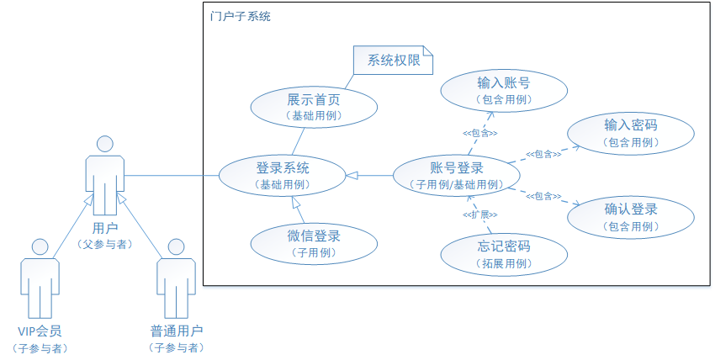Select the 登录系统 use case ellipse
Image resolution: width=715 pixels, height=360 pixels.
(x=282, y=175)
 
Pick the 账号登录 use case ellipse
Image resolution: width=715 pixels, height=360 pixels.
(x=456, y=175)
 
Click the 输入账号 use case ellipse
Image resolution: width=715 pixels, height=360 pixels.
(x=503, y=90)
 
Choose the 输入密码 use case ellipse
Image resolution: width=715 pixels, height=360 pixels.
(x=630, y=133)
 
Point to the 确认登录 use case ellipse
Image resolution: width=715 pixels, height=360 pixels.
(x=630, y=217)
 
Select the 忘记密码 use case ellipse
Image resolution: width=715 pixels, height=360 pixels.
(x=503, y=254)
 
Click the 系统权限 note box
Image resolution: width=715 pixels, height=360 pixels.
(x=393, y=61)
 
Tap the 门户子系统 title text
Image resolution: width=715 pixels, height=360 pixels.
(x=241, y=17)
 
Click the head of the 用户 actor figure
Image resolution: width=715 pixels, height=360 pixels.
(x=105, y=143)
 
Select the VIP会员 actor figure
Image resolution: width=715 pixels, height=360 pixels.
(x=39, y=278)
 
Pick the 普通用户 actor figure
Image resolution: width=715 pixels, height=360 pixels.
(x=176, y=278)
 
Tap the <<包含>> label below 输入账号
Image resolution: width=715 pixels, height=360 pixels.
(x=479, y=133)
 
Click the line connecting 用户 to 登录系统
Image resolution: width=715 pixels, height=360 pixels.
(x=172, y=176)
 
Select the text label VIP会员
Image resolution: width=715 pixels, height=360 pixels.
(x=39, y=331)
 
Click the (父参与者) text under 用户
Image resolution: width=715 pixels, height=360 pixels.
(x=105, y=244)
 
